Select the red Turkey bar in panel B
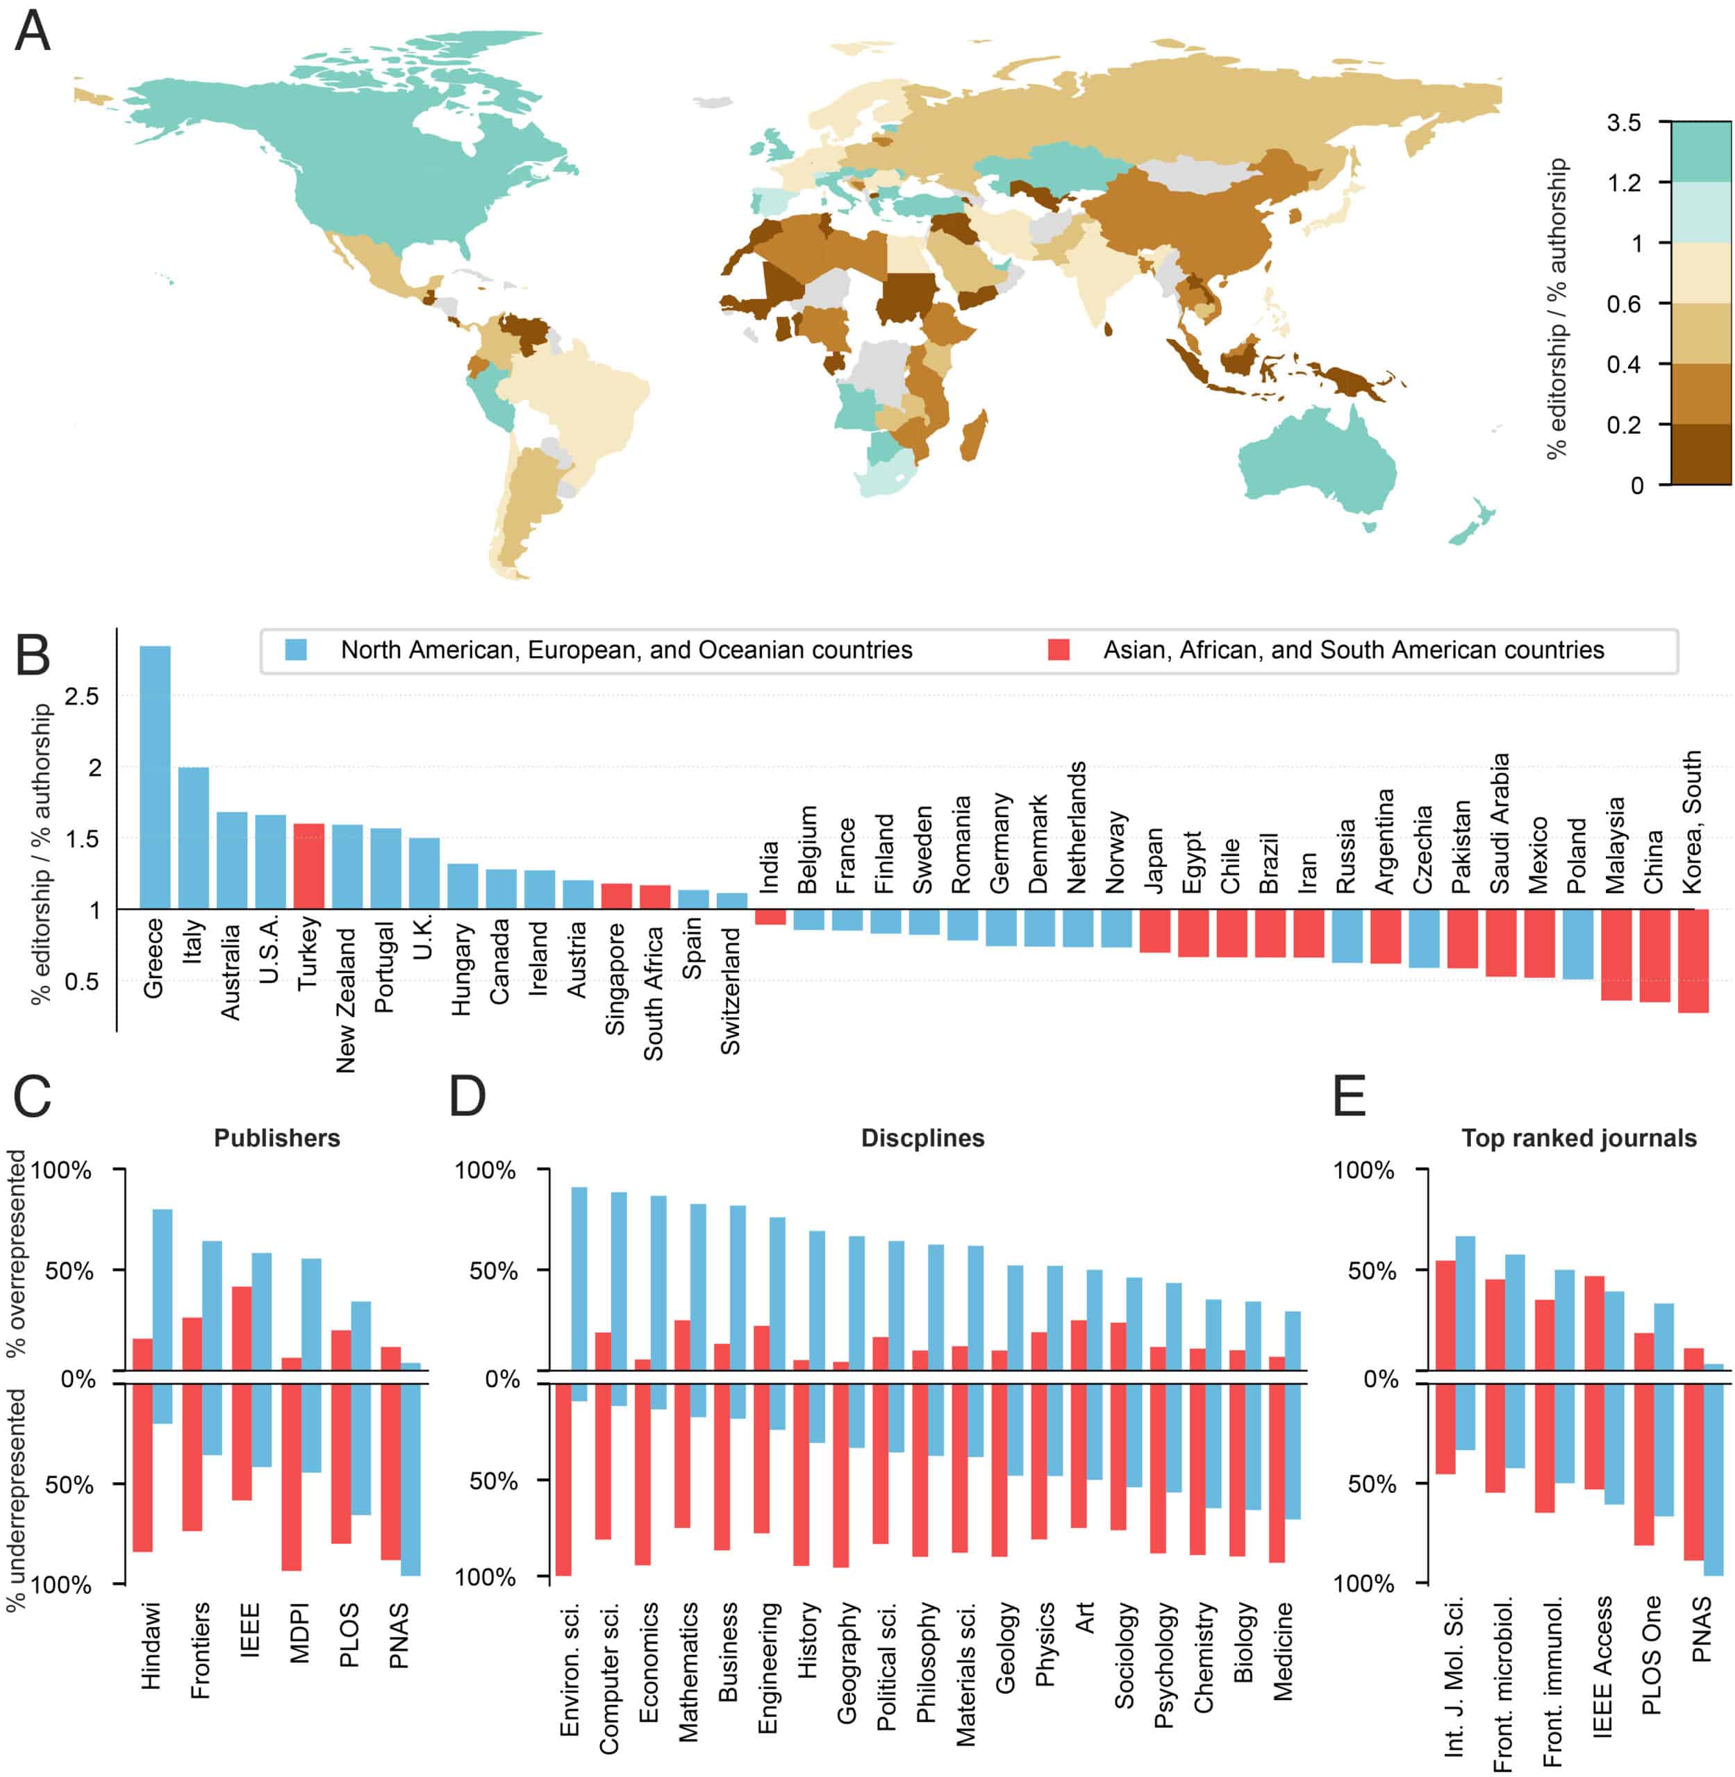[309, 866]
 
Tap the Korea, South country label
[1692, 823]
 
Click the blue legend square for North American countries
[295, 650]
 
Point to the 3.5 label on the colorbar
[1623, 123]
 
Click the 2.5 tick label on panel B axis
[82, 697]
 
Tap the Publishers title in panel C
[277, 1138]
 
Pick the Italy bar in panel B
[193, 838]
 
